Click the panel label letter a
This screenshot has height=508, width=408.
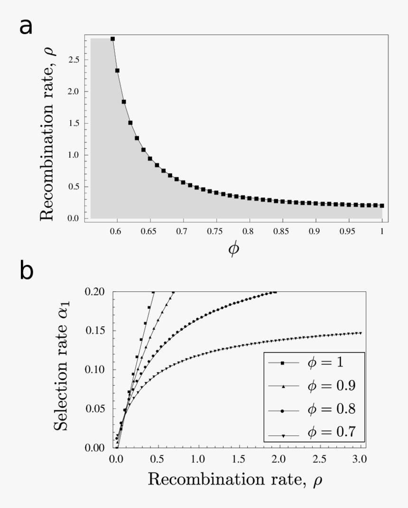[26, 27]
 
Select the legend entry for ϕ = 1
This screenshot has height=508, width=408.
[313, 363]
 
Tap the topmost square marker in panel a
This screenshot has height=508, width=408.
[112, 39]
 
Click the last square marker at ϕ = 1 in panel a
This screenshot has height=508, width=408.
[382, 206]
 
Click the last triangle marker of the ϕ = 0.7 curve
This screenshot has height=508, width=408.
[361, 333]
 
